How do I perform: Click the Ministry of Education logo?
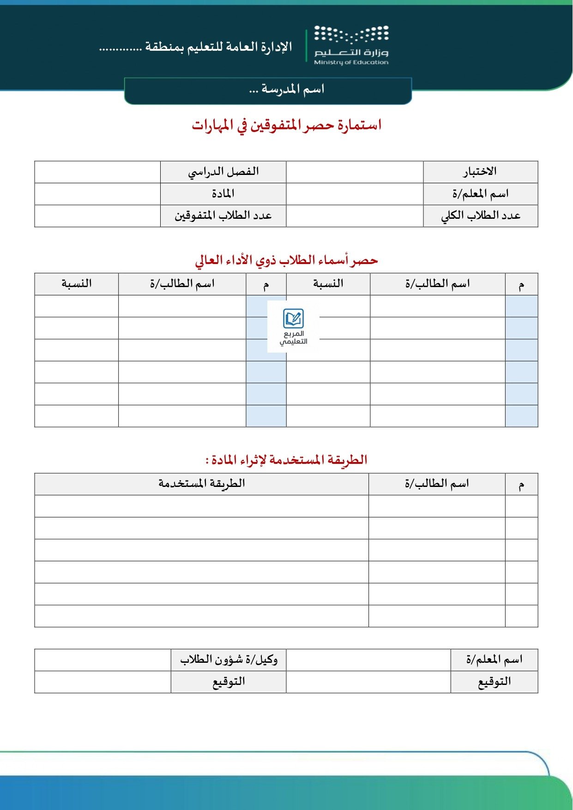(351, 45)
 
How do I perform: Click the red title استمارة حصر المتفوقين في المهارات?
(286, 125)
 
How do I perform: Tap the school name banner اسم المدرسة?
(286, 89)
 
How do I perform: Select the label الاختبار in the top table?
(480, 172)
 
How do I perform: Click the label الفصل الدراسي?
(223, 172)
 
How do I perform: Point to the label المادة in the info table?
(223, 194)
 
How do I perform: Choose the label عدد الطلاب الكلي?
(480, 216)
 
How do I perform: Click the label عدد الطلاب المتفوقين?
(223, 216)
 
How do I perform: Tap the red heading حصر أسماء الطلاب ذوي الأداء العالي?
(286, 260)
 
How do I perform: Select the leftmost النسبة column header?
(76, 283)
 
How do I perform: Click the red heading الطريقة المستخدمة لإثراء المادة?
(286, 460)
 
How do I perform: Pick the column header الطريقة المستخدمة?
(201, 484)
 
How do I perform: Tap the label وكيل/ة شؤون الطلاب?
(229, 660)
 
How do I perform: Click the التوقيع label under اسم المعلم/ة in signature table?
(494, 682)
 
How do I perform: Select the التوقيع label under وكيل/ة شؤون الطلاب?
(229, 682)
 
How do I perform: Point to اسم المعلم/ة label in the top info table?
(480, 194)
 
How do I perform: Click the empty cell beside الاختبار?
(355, 172)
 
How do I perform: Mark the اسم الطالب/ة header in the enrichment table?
(437, 484)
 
